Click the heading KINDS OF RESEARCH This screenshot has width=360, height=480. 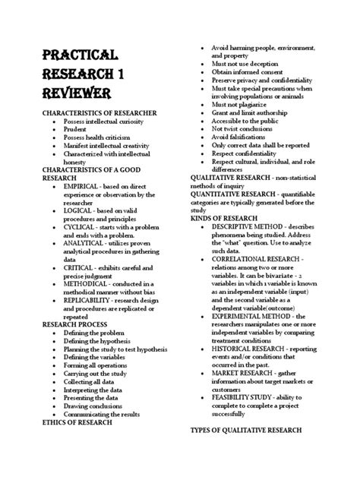point(227,217)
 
